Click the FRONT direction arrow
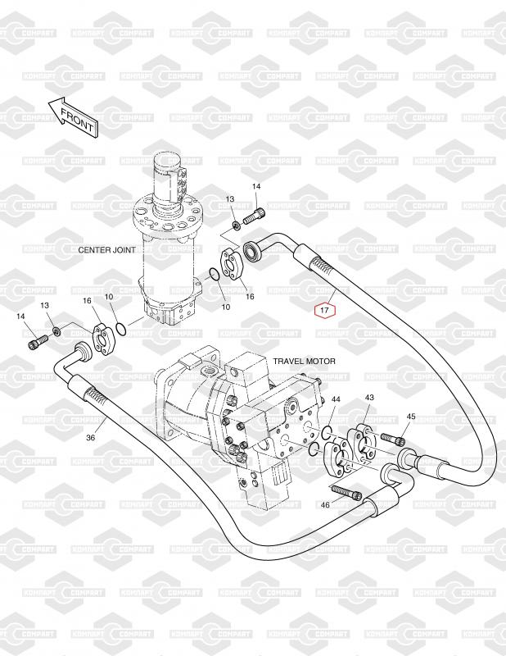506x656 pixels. (72, 116)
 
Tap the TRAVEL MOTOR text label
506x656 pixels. (305, 361)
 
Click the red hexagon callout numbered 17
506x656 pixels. (325, 310)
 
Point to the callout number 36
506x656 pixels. (90, 438)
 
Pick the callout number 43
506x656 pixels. (369, 398)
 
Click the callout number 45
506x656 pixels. (411, 417)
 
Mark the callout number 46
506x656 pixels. (325, 505)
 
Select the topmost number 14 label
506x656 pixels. (256, 187)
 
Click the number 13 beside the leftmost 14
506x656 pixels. (45, 305)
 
